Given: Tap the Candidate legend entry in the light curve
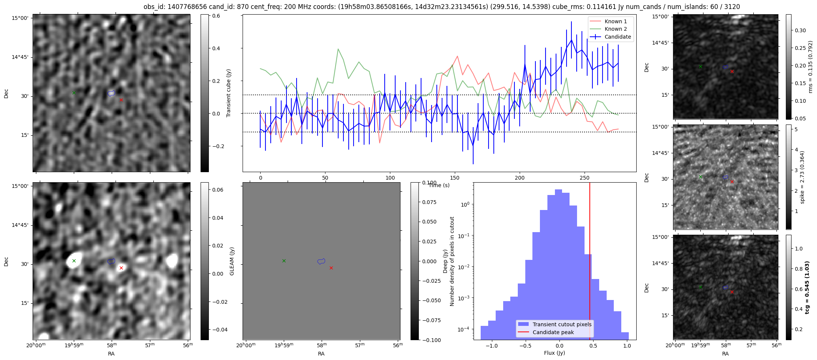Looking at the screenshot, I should pos(618,37).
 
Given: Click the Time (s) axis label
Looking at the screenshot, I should pos(439,185).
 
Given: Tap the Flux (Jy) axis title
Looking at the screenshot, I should pos(555,353).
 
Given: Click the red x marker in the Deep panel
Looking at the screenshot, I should pos(121,268).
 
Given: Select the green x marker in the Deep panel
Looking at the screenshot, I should pos(74,261).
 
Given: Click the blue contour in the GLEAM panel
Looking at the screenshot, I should pos(321,261).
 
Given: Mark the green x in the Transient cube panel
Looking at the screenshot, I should pos(74,93).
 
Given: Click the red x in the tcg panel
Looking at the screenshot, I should pos(732,292).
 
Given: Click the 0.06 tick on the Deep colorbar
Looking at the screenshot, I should pos(218,190).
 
